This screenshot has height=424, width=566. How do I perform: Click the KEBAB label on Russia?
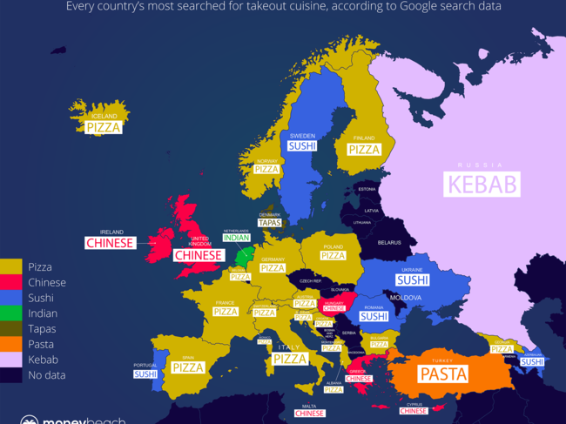482,184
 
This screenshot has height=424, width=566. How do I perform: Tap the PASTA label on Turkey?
442,374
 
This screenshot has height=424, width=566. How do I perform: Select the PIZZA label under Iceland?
104,127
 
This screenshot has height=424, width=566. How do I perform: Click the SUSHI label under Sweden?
302,145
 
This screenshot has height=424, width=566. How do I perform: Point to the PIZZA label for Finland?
364,149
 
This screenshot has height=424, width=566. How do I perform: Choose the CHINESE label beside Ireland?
110,243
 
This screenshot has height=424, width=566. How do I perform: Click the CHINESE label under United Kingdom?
198,255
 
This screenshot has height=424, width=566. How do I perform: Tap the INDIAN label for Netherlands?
235,238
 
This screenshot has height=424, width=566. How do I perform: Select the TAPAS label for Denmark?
269,223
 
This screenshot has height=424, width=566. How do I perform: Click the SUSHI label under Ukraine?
412,279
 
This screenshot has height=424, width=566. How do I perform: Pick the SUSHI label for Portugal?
145,374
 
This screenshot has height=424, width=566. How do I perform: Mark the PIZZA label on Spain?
187,367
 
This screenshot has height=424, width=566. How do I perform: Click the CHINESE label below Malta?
309,414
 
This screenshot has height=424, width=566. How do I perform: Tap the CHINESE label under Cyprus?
414,411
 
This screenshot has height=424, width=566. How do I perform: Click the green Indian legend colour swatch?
11,313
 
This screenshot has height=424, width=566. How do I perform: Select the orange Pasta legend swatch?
11,345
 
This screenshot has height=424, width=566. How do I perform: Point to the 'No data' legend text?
47,376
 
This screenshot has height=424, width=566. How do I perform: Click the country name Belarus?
388,243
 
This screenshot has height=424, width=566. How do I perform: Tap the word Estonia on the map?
367,189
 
